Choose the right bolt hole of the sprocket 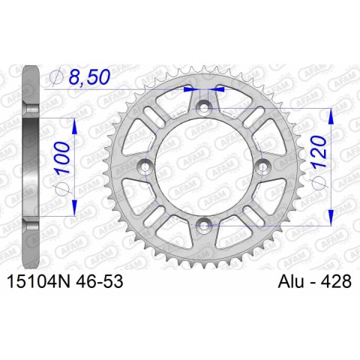click(x=259, y=166)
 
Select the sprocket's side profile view click(x=30, y=165)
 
